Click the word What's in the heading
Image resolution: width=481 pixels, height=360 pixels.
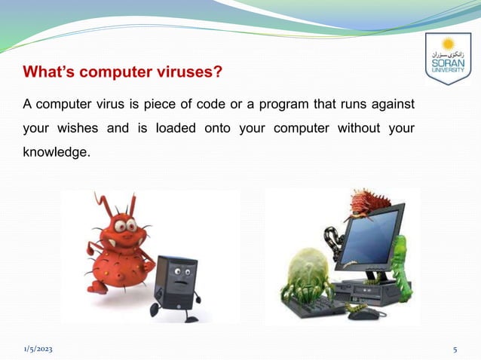coord(51,73)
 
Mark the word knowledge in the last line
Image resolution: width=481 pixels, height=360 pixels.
coord(56,152)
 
